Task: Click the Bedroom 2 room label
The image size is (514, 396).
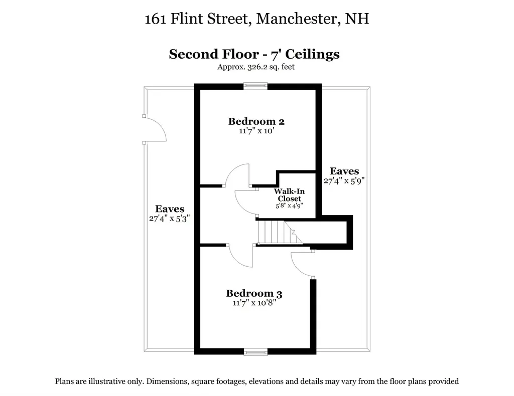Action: pyautogui.click(x=256, y=121)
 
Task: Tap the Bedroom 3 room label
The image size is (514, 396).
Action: pyautogui.click(x=257, y=294)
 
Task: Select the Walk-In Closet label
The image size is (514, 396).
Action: pyautogui.click(x=289, y=195)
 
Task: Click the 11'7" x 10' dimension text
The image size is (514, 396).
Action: pyautogui.click(x=256, y=131)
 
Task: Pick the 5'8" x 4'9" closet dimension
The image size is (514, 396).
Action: pyautogui.click(x=289, y=206)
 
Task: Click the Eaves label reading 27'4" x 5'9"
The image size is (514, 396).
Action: pyautogui.click(x=344, y=171)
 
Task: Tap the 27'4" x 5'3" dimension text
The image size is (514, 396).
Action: pyautogui.click(x=170, y=219)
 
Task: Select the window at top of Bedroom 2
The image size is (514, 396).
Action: pyautogui.click(x=255, y=86)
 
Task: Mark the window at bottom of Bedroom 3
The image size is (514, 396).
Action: pyautogui.click(x=255, y=351)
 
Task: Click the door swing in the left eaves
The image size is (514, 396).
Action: pyautogui.click(x=155, y=129)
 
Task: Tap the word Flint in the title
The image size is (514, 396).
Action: pyautogui.click(x=187, y=20)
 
